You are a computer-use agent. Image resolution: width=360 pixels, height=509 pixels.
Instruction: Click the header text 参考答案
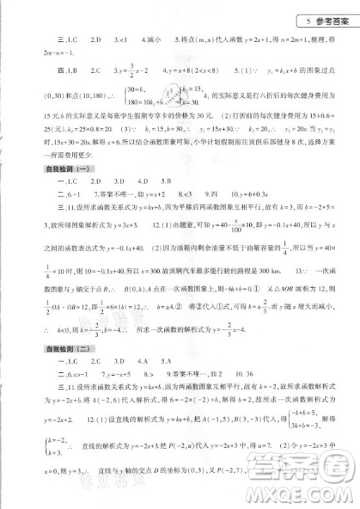pyautogui.click(x=333, y=20)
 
